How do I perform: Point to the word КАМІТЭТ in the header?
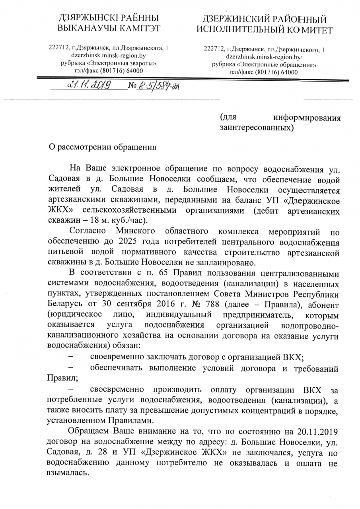coord(137,28)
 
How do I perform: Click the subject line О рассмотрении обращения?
coord(102,147)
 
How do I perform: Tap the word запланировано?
coord(226,263)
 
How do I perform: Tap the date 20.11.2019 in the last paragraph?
coord(317,431)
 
